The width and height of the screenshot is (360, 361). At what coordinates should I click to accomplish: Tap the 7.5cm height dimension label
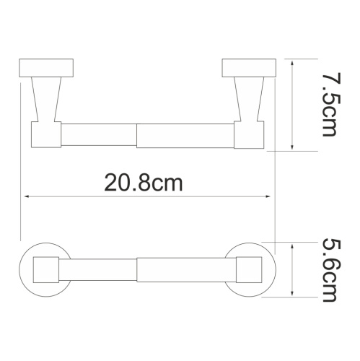330,105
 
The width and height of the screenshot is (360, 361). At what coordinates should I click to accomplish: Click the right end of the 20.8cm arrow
268,196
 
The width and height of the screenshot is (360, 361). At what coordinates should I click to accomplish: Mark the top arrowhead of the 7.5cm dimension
291,64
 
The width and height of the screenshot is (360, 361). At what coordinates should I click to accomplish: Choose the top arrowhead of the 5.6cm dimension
291,245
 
